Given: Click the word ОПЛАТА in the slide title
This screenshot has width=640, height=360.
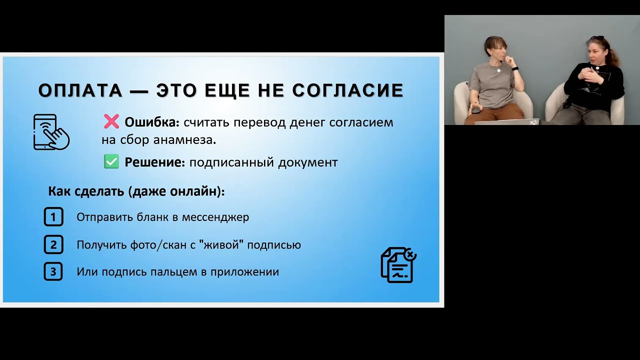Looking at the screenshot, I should [x=80, y=90].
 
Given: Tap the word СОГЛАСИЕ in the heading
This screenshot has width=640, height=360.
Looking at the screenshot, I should [x=347, y=90].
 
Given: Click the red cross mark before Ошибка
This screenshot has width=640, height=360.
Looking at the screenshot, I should [x=111, y=121].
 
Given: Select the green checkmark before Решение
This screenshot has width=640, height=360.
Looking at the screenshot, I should [x=111, y=162].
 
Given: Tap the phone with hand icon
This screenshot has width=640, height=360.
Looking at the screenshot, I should [x=51, y=132].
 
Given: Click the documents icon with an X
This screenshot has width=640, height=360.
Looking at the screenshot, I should [x=398, y=265].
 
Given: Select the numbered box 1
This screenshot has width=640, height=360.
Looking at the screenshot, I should [x=53, y=217].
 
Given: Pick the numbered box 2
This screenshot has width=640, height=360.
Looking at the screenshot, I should [x=53, y=245].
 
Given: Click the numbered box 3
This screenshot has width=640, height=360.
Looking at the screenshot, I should [x=53, y=272].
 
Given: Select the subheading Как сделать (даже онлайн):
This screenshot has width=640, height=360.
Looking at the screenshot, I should [x=136, y=191].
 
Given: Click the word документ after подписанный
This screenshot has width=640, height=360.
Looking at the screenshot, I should [x=310, y=162].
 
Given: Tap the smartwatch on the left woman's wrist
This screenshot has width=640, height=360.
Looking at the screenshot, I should [x=514, y=68].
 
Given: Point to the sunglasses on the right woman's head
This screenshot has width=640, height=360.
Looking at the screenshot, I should [x=596, y=38].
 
